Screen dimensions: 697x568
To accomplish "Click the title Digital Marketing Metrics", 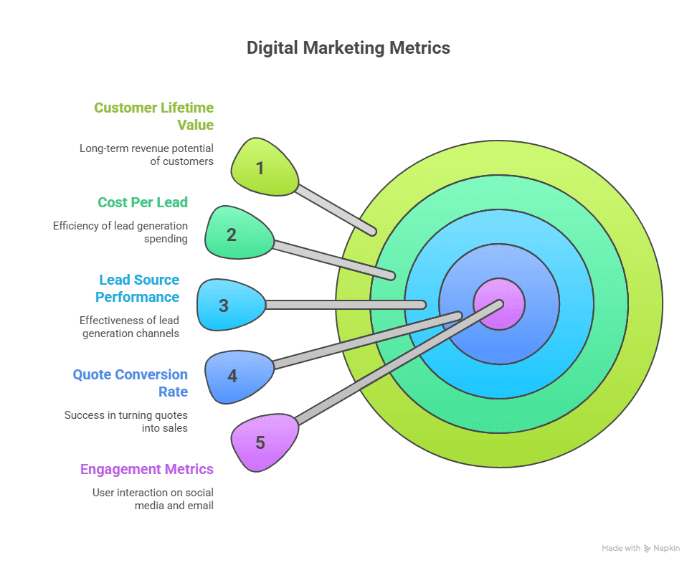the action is click(x=348, y=48).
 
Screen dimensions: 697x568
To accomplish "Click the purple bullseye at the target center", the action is click(x=499, y=304).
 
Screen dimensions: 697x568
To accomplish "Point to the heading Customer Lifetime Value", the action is click(x=154, y=116).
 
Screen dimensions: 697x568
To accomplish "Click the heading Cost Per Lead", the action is click(x=143, y=202).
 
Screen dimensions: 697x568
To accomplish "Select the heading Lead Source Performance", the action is click(x=139, y=288).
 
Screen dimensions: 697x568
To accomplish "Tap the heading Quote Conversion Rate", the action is click(x=131, y=383).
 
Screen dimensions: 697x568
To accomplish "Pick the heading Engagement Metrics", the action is click(x=147, y=469).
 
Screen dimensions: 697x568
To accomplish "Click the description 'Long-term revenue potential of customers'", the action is click(x=146, y=155).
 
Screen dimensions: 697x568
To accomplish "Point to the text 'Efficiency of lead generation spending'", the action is click(x=120, y=232).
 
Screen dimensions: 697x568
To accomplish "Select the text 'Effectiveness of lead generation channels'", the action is click(x=130, y=327).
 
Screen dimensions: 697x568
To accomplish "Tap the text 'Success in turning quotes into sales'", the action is click(x=126, y=422).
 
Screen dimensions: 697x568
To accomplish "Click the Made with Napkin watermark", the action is click(x=640, y=548).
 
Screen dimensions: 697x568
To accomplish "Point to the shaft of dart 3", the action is click(x=344, y=305).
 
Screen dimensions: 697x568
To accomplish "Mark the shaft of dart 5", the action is click(x=394, y=363).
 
